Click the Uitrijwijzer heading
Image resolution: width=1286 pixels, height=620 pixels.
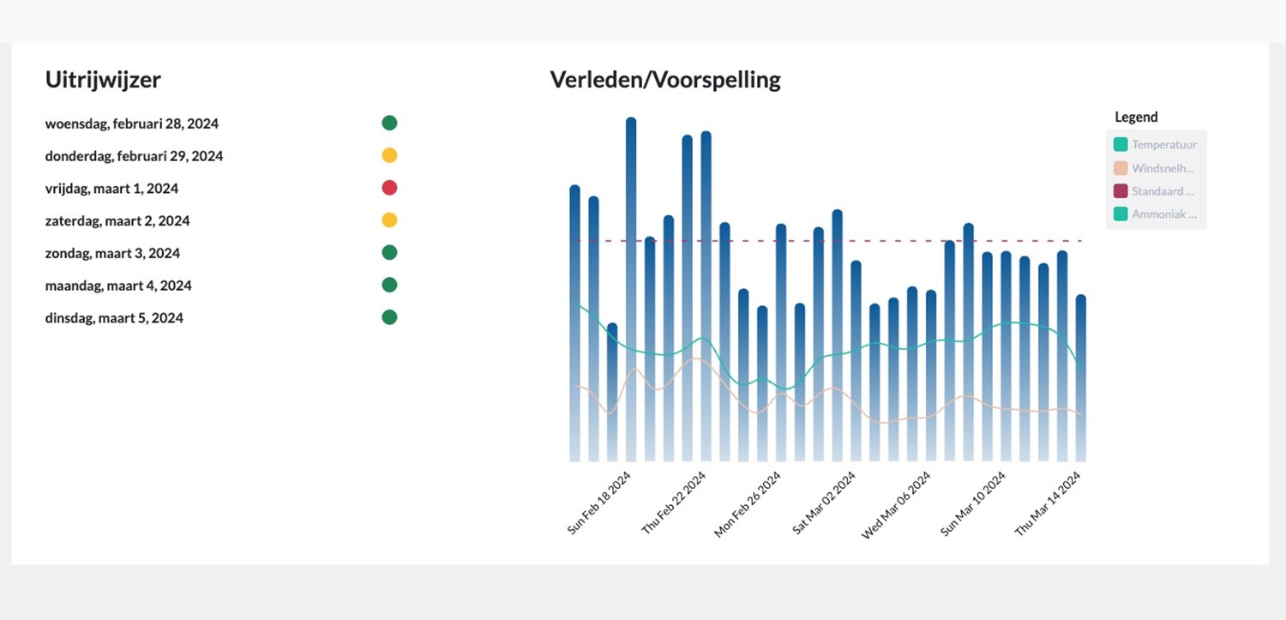[x=103, y=80]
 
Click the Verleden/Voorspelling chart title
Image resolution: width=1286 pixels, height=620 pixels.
[x=665, y=80]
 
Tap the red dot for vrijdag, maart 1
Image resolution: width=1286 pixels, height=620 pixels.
[x=389, y=188]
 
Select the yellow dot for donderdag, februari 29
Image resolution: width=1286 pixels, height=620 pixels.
[x=389, y=155]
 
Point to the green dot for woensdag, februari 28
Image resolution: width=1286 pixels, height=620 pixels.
[x=389, y=123]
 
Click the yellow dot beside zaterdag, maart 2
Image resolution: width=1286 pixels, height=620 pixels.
[x=389, y=220]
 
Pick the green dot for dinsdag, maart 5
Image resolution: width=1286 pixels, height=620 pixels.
[x=389, y=317]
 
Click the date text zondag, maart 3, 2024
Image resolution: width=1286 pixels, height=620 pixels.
[x=112, y=253]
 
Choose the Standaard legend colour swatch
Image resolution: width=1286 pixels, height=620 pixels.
[x=1121, y=191]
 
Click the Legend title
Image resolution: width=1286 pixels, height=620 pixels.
[x=1136, y=117]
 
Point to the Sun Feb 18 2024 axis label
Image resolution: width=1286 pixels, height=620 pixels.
[x=599, y=503]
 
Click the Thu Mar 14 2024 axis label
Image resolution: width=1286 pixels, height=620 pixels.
[x=1047, y=503]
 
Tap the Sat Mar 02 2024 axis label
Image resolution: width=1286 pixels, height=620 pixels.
[x=823, y=503]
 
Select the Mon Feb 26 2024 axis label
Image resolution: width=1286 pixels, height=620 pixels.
[x=748, y=504]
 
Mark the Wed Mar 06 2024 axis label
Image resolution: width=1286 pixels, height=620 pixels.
[x=896, y=504]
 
